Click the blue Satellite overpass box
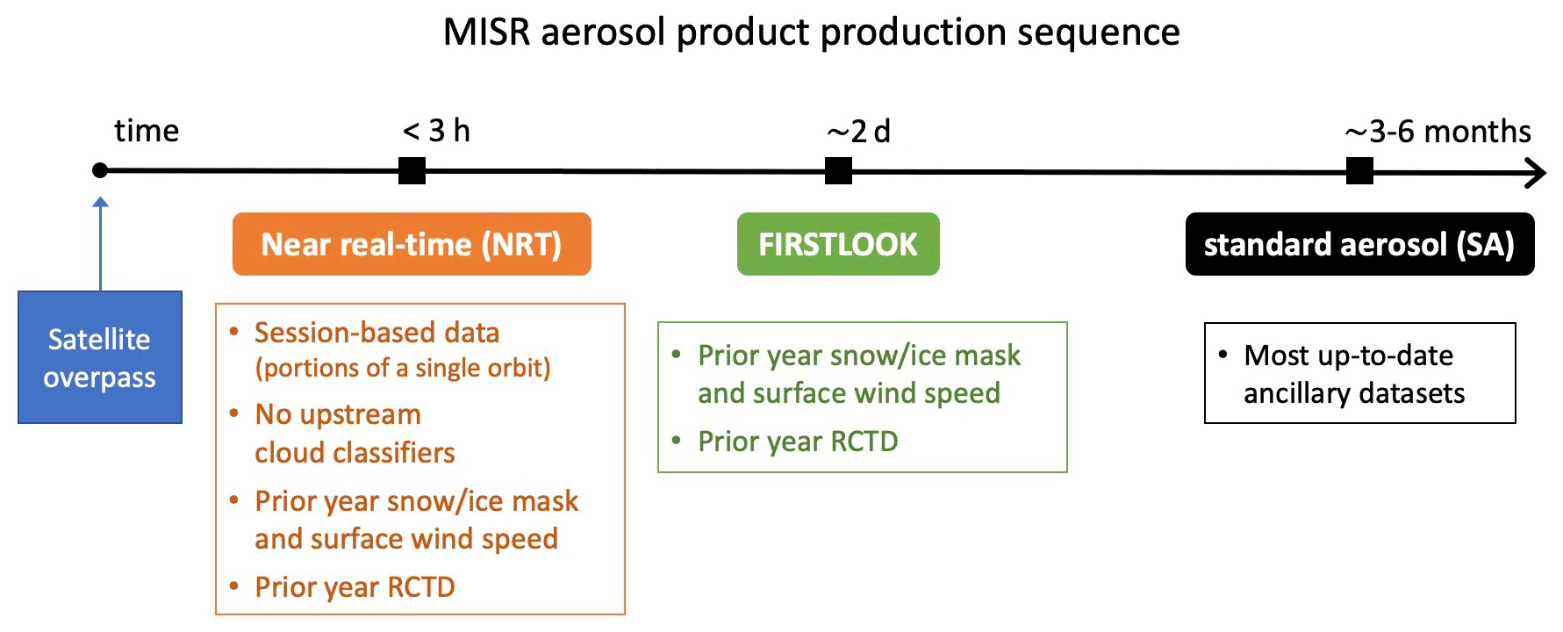(x=100, y=357)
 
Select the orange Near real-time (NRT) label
(x=412, y=244)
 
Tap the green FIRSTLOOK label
(x=838, y=244)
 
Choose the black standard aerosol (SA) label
(x=1359, y=244)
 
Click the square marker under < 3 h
(x=412, y=170)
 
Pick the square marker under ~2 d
(x=838, y=170)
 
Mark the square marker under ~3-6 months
(x=1359, y=170)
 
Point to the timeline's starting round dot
(x=100, y=170)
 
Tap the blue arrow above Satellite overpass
(x=101, y=244)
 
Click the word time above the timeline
(x=147, y=131)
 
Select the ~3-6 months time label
(x=1438, y=132)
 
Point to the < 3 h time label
(x=436, y=131)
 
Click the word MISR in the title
(x=486, y=32)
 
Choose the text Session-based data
(x=376, y=333)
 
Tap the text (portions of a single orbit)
(x=403, y=368)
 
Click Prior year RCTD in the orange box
(x=355, y=586)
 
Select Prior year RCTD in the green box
(x=798, y=441)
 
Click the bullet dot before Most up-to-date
(x=1222, y=355)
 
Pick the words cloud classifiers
(x=355, y=452)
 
